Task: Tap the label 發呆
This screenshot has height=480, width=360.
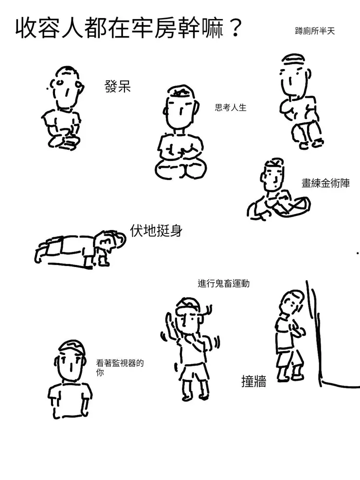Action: [118, 87]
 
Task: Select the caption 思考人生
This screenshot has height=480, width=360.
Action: [231, 107]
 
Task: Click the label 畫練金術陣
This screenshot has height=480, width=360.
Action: [325, 183]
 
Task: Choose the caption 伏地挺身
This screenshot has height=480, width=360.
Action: [156, 231]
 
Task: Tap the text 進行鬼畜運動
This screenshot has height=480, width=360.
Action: [223, 283]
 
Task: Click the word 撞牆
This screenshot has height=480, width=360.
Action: [253, 382]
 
